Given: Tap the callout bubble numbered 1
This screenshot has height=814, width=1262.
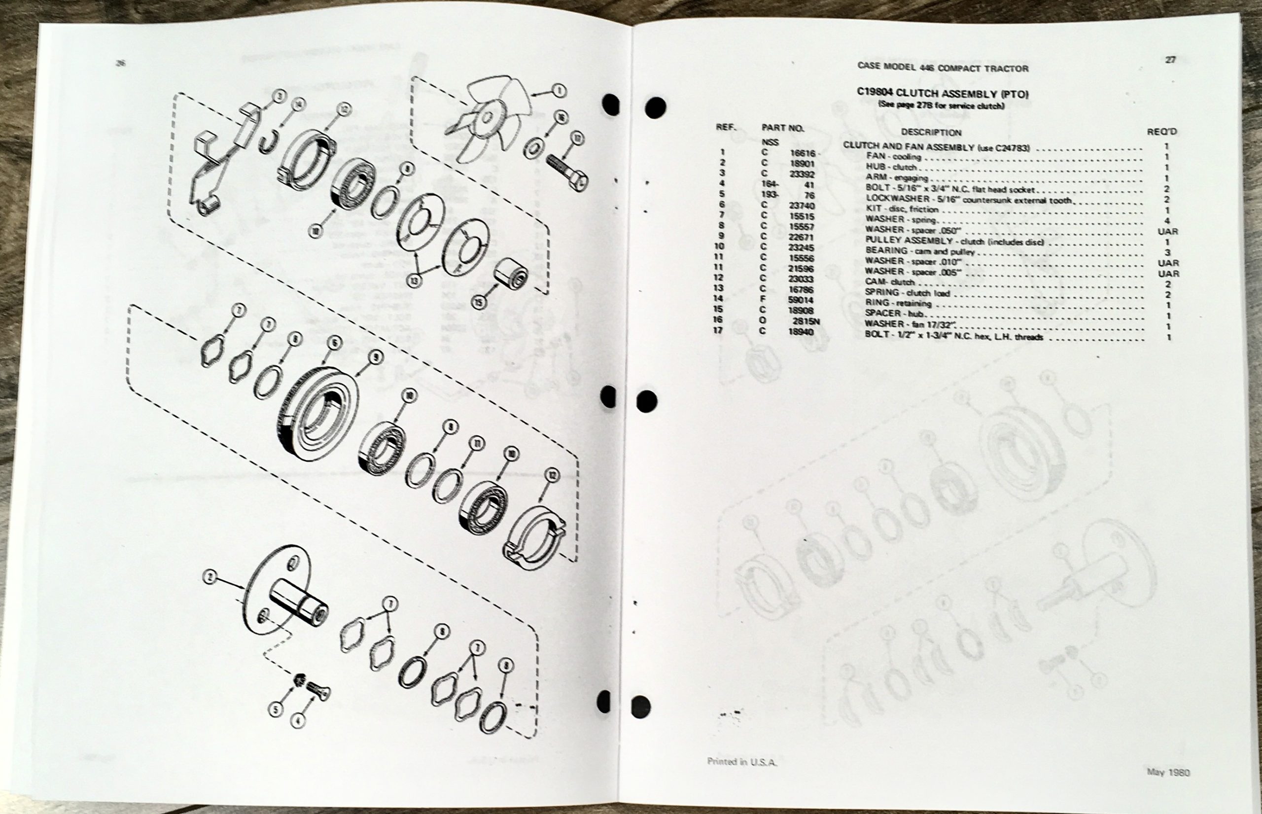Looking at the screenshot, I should point(559,91).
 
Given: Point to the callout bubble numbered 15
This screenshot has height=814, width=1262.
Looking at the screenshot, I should point(479,302).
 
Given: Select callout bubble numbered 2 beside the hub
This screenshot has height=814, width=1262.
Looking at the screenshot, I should point(210,577).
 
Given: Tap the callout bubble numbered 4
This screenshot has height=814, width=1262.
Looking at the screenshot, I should point(298,719).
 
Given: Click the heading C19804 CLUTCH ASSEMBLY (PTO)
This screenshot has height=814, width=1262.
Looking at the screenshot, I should point(942,94).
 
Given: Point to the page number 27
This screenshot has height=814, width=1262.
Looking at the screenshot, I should point(1171,60).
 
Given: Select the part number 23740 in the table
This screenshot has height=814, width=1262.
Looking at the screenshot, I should point(801,206).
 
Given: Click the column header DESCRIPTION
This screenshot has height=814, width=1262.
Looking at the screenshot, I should point(931,132).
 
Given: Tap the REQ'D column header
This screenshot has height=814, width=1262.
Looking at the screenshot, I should point(1161,132).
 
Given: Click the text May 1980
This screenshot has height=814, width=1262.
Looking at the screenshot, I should point(1168,772).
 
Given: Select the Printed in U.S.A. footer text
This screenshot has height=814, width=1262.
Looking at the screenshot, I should point(742,762).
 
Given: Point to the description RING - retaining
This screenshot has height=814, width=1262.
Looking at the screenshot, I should point(898,303).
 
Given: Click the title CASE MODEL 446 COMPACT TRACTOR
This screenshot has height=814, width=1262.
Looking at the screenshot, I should point(942,68).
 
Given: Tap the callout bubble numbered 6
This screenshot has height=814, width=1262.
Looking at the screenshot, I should point(334,344).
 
